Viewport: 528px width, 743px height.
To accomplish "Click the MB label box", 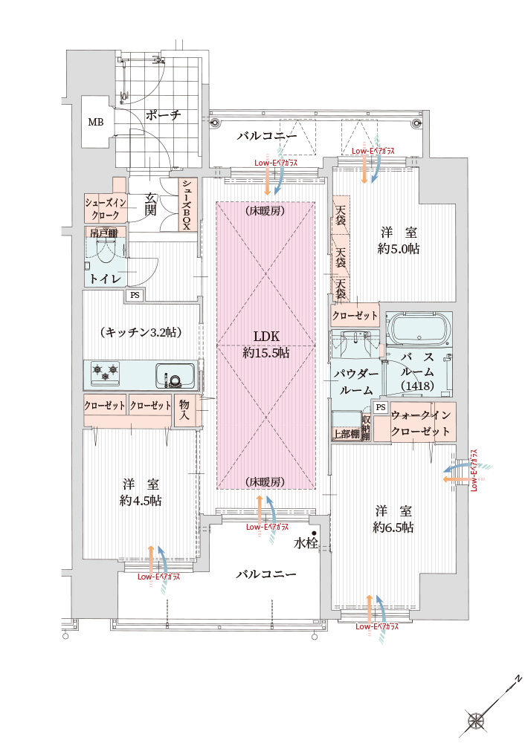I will pos(96,122).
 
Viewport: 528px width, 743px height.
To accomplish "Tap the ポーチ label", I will pos(163,115).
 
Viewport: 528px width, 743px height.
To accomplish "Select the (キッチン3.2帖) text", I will pos(141,332).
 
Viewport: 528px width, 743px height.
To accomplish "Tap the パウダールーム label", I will pos(356,381).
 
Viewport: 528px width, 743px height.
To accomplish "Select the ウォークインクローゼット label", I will pos(420,424).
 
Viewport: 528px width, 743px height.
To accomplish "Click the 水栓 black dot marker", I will pos(315,533).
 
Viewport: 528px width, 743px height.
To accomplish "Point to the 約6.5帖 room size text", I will pos(393,528).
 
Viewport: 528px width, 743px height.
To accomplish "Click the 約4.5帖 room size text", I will pos(141,501).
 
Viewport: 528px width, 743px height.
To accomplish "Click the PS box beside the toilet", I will pos(135,295).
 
